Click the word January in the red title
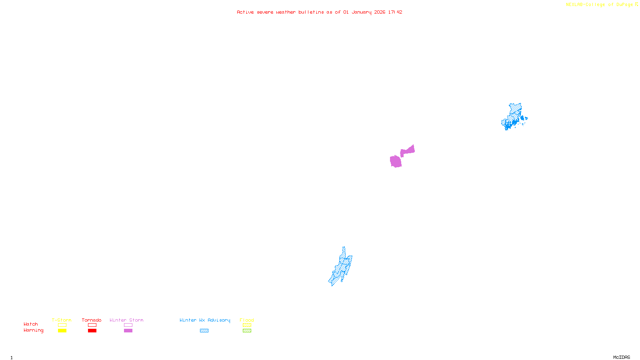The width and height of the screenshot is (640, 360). pyautogui.click(x=361, y=12)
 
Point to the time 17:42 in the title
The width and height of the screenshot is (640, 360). pyautogui.click(x=395, y=12)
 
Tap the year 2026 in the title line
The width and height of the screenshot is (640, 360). pyautogui.click(x=380, y=12)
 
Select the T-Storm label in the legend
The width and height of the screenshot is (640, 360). pyautogui.click(x=62, y=320)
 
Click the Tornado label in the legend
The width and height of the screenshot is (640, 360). pyautogui.click(x=92, y=320)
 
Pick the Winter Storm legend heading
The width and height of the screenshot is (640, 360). pyautogui.click(x=126, y=320)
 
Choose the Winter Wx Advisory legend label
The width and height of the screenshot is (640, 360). pyautogui.click(x=205, y=320)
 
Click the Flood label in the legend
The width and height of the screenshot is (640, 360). pyautogui.click(x=247, y=320)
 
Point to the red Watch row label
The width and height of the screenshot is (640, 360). pyautogui.click(x=31, y=324)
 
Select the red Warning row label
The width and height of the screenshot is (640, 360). pyautogui.click(x=33, y=330)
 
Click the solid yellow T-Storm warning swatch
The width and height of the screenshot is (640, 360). pyautogui.click(x=62, y=331)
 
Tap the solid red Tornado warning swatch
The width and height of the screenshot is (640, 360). pyautogui.click(x=92, y=331)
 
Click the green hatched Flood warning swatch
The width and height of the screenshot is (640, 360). pyautogui.click(x=247, y=331)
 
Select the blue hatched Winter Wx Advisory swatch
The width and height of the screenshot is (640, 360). pyautogui.click(x=204, y=331)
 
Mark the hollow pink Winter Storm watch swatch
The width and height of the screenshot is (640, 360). pyautogui.click(x=128, y=325)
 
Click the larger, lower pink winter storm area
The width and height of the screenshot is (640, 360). pyautogui.click(x=396, y=161)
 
